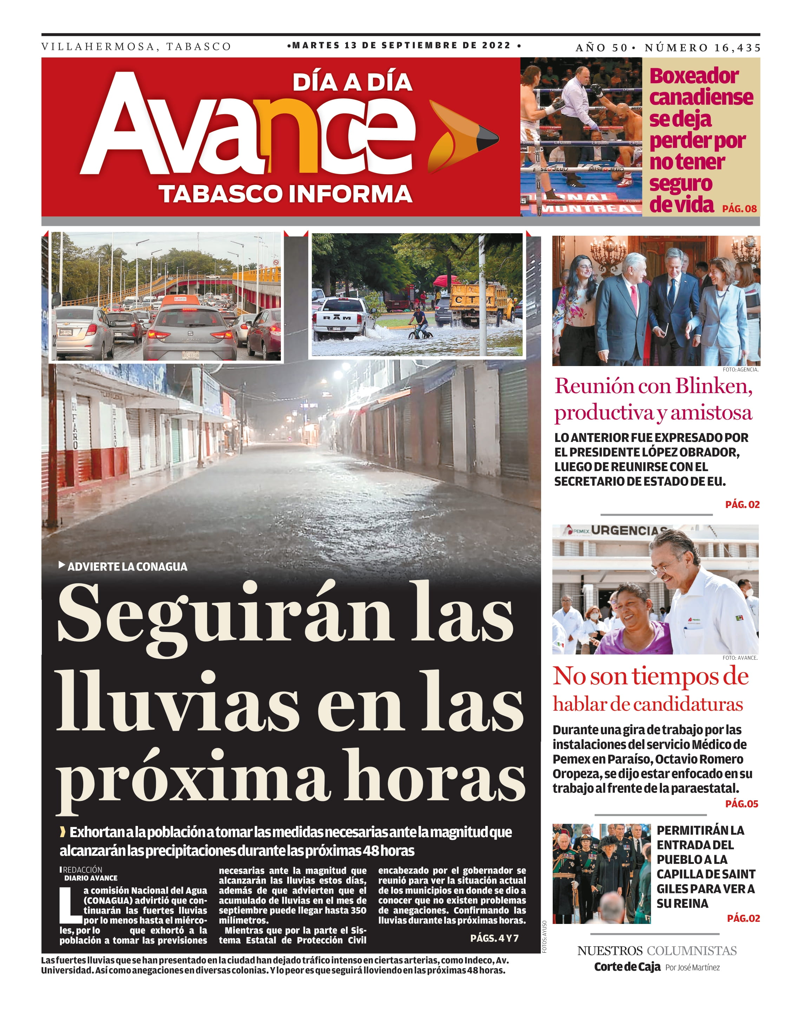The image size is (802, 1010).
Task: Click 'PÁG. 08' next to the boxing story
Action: tap(739, 208)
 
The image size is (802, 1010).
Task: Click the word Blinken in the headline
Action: tap(713, 386)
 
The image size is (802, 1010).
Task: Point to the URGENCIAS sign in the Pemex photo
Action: tap(628, 530)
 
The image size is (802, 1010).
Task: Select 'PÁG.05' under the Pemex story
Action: tap(741, 804)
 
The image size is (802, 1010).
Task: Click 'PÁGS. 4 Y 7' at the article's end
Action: tap(494, 938)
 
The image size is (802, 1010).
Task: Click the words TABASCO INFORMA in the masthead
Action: tap(285, 194)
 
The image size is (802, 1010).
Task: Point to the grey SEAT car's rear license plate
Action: tap(191, 355)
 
